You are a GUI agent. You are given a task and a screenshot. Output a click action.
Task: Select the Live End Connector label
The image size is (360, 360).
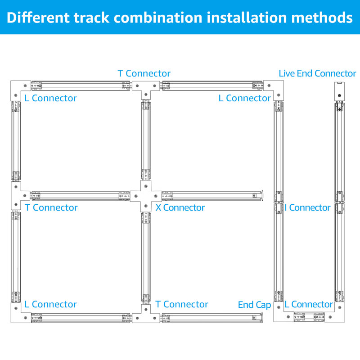coord(317,73)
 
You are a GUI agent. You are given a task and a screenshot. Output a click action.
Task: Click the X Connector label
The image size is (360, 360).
coord(180,207)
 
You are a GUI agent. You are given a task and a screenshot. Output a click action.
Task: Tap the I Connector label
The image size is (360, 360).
coord(308,207)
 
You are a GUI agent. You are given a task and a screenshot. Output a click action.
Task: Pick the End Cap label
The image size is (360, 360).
coord(254,305)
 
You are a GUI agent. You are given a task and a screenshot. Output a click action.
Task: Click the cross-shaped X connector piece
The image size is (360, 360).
coord(145,196)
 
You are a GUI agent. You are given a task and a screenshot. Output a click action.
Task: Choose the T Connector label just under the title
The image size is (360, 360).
coord(144,73)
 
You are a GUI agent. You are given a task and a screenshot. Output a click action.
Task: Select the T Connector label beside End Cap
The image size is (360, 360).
coord(182,305)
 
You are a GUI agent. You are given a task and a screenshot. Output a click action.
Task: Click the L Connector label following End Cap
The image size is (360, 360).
coord(309,305)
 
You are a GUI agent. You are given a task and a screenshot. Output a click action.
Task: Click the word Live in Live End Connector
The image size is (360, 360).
coord(287,73)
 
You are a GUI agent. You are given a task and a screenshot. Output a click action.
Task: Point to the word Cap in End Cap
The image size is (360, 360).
coord(264,305)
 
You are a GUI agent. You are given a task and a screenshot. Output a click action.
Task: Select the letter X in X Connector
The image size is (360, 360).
coord(158,207)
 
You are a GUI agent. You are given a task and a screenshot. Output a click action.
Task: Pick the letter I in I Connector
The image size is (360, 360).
coord(287,207)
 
